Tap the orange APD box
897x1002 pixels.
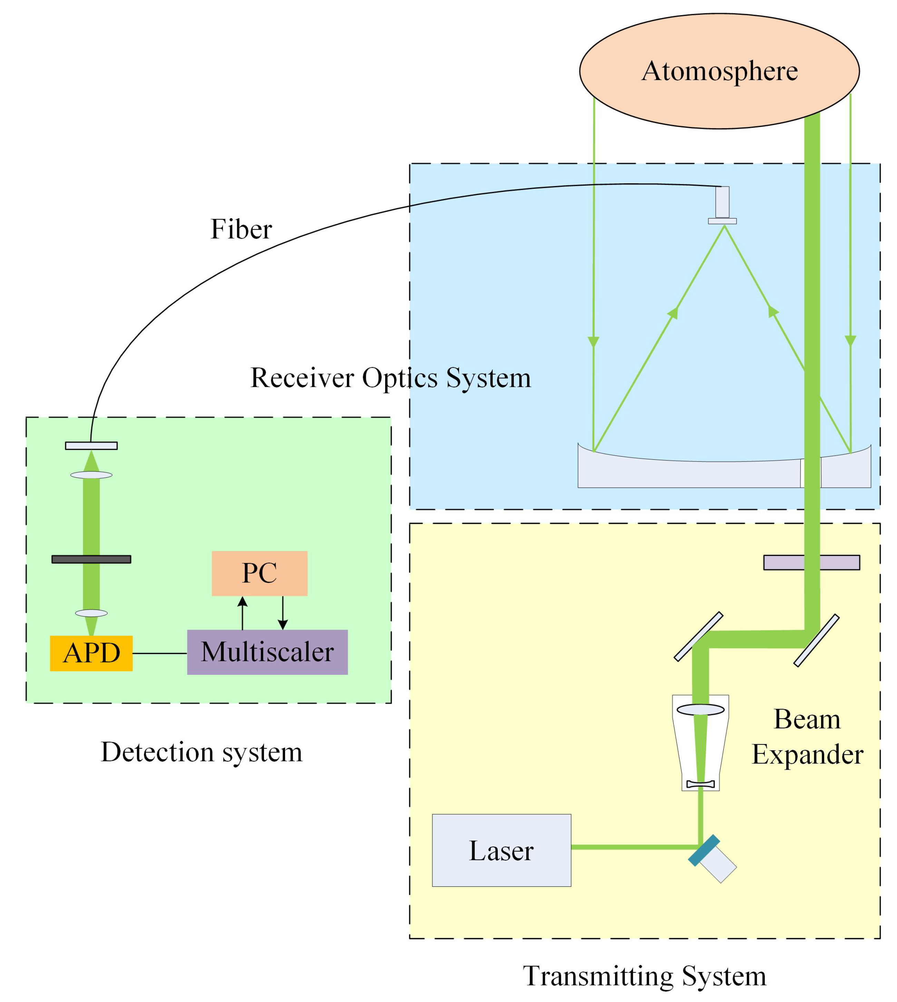pyautogui.click(x=91, y=653)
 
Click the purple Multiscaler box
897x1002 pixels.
pyautogui.click(x=267, y=652)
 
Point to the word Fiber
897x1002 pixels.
pyautogui.click(x=241, y=229)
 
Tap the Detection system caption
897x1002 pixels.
pyautogui.click(x=202, y=752)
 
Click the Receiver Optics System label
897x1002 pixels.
pyautogui.click(x=390, y=378)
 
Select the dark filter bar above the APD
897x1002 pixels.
pyautogui.click(x=91, y=559)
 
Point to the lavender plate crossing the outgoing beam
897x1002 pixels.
pyautogui.click(x=811, y=562)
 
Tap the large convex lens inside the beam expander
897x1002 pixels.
pyautogui.click(x=700, y=710)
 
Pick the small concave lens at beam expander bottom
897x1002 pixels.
pyautogui.click(x=700, y=784)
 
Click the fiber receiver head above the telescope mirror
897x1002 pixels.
pyautogui.click(x=722, y=205)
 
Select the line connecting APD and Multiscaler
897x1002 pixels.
pyautogui.click(x=160, y=653)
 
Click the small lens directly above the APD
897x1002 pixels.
pyautogui.click(x=91, y=613)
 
